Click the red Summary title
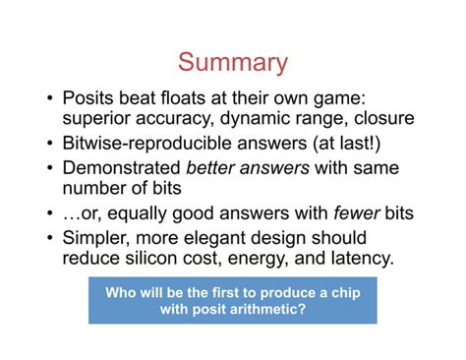[x=233, y=63]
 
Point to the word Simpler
[x=96, y=237]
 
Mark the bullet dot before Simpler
[x=49, y=238]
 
